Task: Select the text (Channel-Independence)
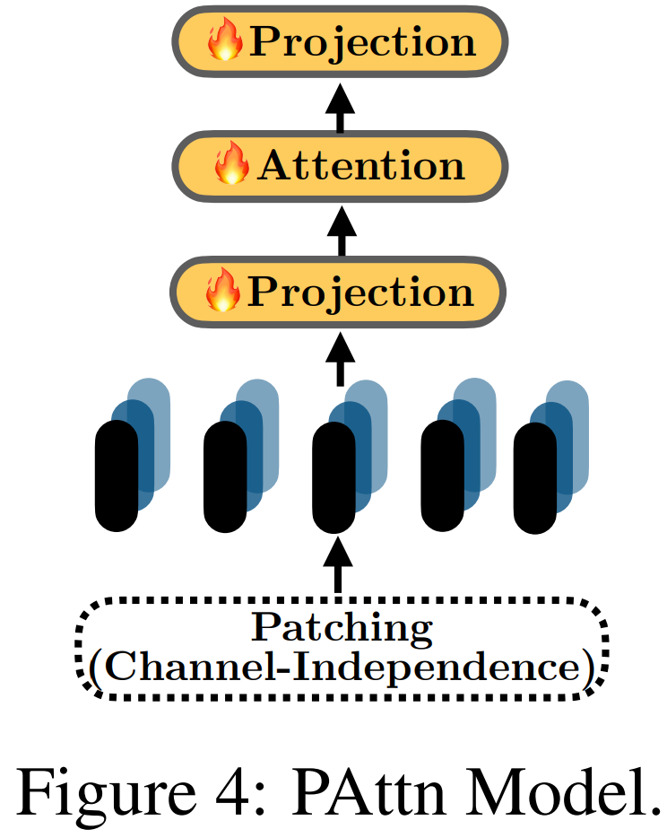pos(341,668)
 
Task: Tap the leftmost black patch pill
pos(117,476)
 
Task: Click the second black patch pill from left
pos(226,476)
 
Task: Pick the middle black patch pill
pos(334,476)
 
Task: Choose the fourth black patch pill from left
pos(443,476)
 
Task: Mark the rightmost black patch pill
pos(535,476)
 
